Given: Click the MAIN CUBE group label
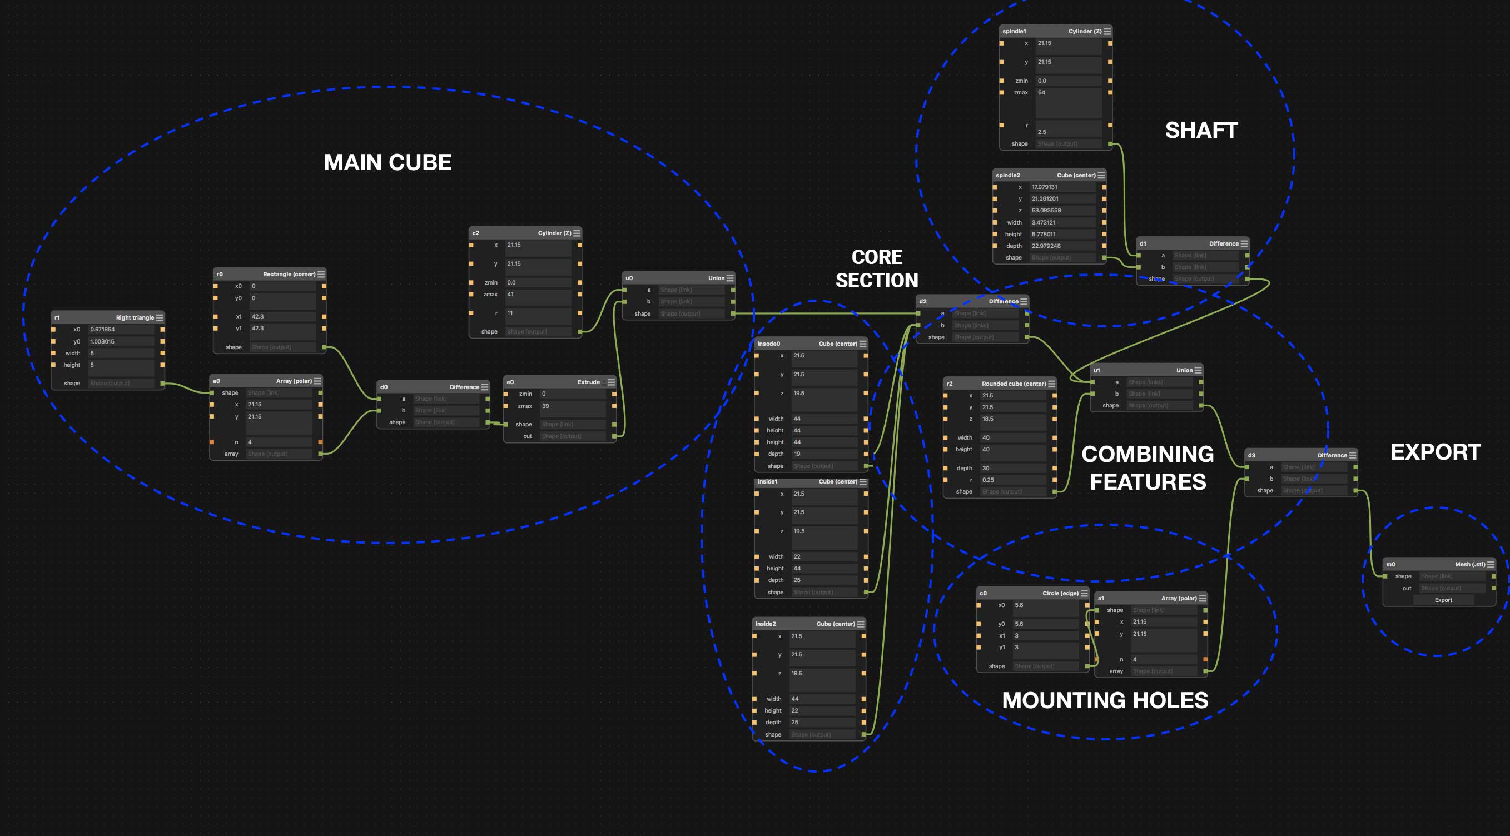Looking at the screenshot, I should click(x=388, y=162).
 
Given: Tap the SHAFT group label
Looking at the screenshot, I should click(x=1201, y=130).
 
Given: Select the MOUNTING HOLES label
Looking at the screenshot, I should click(x=1105, y=700).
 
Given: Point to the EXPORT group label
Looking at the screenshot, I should click(x=1436, y=452).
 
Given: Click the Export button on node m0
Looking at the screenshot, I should click(x=1443, y=600).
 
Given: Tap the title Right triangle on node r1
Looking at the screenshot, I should click(x=135, y=318).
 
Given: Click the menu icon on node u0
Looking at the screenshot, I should click(x=730, y=278).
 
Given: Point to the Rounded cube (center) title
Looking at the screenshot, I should click(x=1014, y=384).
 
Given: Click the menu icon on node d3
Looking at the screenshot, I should click(x=1352, y=455).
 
